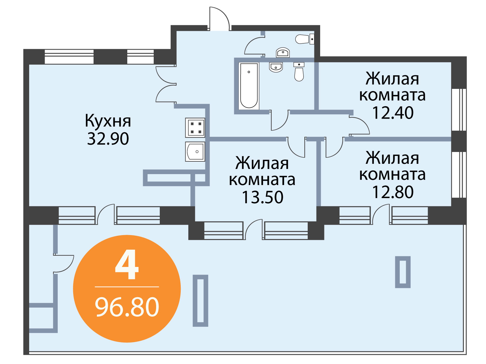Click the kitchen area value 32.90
(108, 139)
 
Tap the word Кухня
(108, 121)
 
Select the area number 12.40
(392, 113)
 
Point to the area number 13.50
(262, 197)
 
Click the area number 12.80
(392, 192)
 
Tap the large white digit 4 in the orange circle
(127, 264)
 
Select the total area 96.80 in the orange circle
(127, 307)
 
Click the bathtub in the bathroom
(249, 86)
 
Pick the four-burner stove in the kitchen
(195, 128)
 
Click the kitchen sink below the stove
(195, 152)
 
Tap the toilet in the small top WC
(305, 39)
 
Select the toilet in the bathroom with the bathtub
(299, 72)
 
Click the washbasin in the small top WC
(283, 52)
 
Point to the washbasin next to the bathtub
(276, 67)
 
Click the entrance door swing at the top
(219, 19)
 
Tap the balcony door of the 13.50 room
(253, 229)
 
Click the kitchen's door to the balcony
(106, 214)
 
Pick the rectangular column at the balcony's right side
(403, 272)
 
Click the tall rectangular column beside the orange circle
(200, 301)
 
